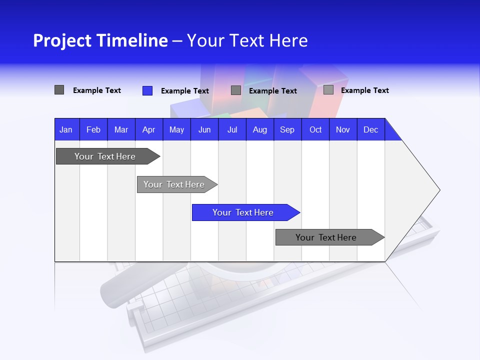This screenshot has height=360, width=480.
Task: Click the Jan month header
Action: (x=66, y=129)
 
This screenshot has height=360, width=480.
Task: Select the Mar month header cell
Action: (x=121, y=129)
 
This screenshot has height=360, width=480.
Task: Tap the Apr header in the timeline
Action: (x=148, y=129)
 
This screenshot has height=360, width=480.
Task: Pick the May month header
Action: (x=176, y=129)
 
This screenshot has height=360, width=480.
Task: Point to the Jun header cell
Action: (x=204, y=129)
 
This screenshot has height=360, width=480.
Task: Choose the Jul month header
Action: (x=232, y=129)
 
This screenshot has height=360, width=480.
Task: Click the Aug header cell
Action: (x=259, y=129)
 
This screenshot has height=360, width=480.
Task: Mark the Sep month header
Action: (x=287, y=129)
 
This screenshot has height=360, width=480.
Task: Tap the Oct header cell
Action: (x=315, y=129)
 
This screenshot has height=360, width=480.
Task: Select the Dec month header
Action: (x=370, y=129)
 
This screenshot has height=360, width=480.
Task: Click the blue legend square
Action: (x=147, y=90)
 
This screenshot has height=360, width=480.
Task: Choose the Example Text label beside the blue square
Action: (x=184, y=91)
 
